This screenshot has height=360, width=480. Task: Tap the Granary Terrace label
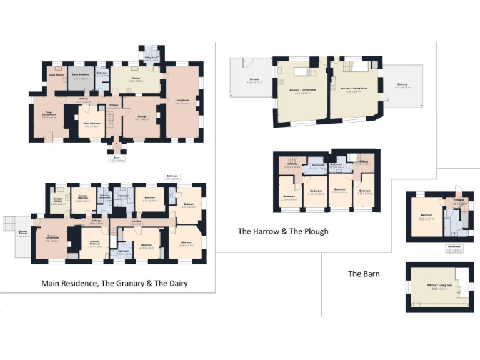(22, 235)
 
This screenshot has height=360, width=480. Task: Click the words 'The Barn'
(364, 274)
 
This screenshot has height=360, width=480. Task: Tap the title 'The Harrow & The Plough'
(282, 231)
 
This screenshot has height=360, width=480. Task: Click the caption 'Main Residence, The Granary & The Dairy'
(114, 283)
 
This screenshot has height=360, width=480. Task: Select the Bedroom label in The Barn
(427, 218)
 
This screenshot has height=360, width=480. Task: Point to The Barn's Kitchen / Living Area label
(437, 287)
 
